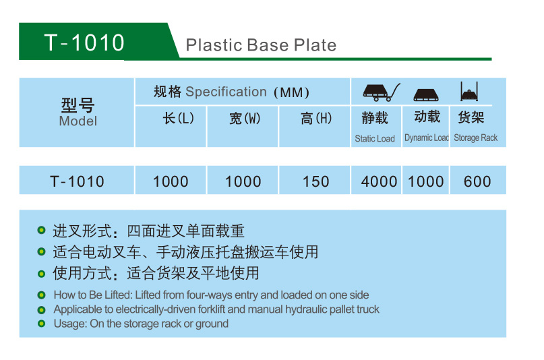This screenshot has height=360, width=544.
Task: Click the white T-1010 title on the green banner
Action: pos(84,42)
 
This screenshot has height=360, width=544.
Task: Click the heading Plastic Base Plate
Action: pos(261,45)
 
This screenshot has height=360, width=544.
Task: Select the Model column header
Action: pos(78,113)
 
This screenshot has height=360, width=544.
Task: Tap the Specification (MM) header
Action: pos(231,92)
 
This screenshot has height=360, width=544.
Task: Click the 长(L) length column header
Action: pos(179,118)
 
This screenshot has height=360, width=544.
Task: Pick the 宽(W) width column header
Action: pos(245,118)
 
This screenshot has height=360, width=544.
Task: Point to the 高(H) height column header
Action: pos(316,118)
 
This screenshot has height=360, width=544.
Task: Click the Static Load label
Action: pos(375,139)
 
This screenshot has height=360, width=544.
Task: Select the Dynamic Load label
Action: pos(427,138)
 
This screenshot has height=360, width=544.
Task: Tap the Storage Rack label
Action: pos(476,138)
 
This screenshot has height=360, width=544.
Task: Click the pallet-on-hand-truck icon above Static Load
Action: pos(382,92)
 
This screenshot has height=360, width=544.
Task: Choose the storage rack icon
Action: pos(469,92)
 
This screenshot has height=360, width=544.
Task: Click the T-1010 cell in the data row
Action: pos(77,181)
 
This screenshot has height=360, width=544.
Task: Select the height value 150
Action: pos(315,181)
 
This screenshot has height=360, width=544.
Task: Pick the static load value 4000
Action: pos(379,181)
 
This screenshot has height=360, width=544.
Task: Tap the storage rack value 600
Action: pos(477,181)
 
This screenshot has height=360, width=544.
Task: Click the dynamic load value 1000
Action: pos(425,181)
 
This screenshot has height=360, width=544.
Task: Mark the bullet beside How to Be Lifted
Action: pos(41,295)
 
